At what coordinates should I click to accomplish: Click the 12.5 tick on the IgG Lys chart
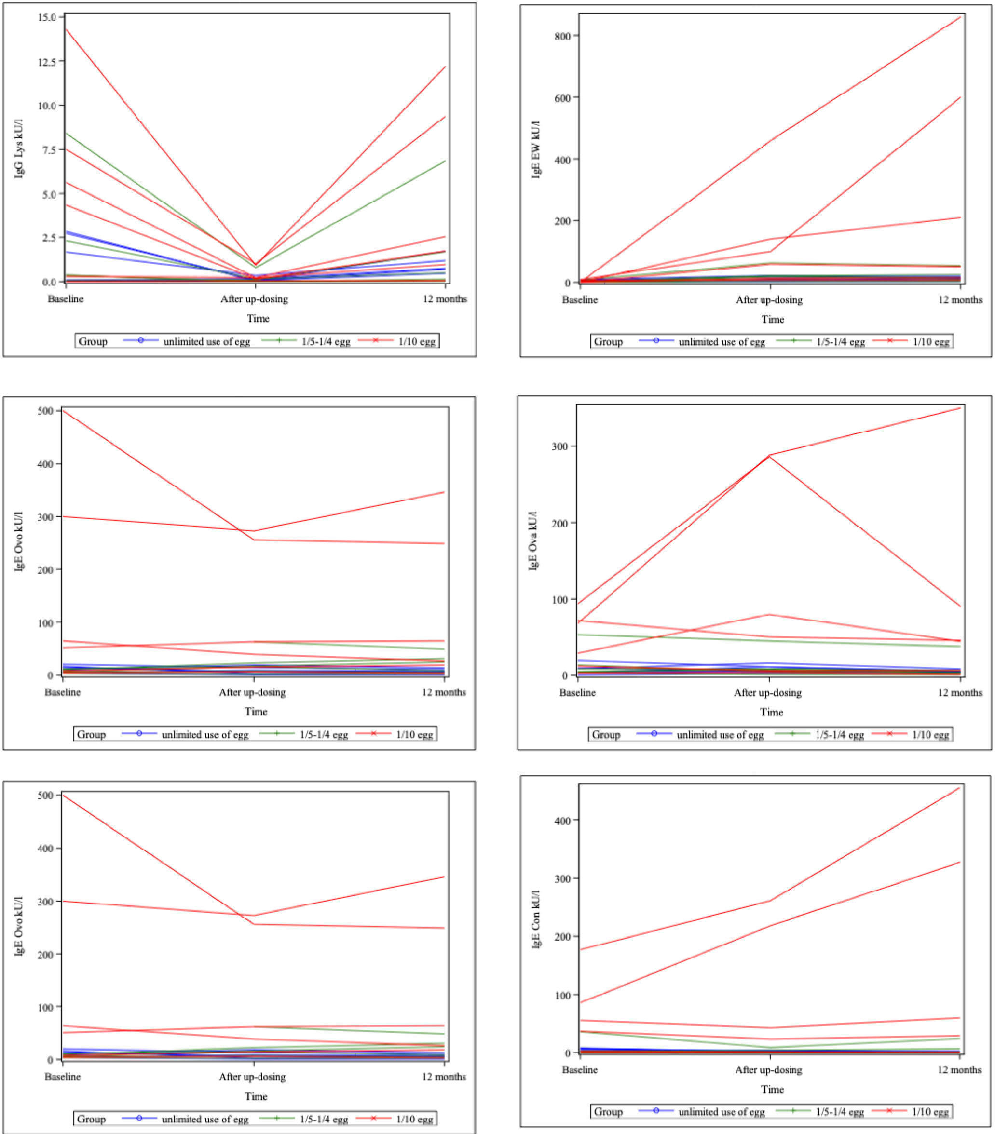47,62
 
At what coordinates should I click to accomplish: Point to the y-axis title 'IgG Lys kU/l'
19,148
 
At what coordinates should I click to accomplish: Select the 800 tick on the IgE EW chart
563,36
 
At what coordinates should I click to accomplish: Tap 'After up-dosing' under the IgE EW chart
769,299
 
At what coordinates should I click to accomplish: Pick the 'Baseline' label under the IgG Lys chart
66,299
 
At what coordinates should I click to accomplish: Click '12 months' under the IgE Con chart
959,1070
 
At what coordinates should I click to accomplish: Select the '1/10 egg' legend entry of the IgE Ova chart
931,735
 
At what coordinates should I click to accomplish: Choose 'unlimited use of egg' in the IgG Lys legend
206,341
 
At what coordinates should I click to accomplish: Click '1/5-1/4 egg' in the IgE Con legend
840,1112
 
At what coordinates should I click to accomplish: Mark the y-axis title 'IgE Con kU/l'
536,920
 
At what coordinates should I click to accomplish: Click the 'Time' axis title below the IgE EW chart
773,319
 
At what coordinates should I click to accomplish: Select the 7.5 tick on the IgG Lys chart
47,150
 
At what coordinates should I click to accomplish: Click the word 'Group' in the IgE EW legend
608,342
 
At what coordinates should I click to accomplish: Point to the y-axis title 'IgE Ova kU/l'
533,540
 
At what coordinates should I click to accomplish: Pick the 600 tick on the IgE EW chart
563,98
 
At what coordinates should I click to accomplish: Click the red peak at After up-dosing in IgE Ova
770,456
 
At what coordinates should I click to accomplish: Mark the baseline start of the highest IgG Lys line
67,29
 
